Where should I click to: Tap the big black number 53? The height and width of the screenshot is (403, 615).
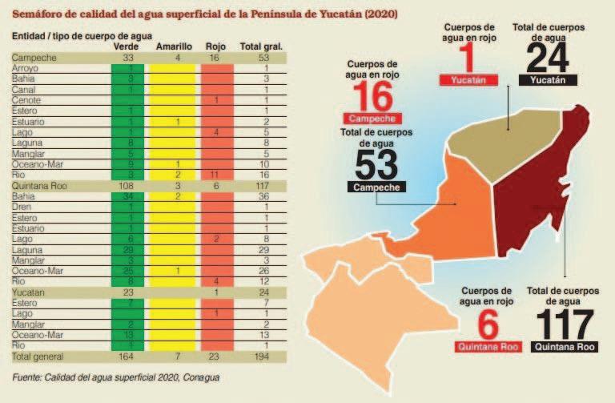(376, 165)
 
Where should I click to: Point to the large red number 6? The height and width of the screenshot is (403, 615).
(487, 324)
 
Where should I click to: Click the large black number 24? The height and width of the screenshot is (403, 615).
(548, 58)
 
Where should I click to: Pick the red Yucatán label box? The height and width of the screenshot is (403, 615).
(468, 81)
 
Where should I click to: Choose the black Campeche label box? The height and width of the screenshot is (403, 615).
(376, 187)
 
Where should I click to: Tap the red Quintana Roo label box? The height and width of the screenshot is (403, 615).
(487, 346)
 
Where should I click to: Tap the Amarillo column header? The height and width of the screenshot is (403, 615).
(173, 46)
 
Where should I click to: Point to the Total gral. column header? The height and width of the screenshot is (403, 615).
(261, 46)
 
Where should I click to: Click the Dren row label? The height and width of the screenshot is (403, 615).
(22, 206)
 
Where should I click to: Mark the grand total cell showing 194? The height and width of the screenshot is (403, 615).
(262, 355)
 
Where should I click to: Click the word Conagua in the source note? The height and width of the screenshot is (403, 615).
(199, 376)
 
